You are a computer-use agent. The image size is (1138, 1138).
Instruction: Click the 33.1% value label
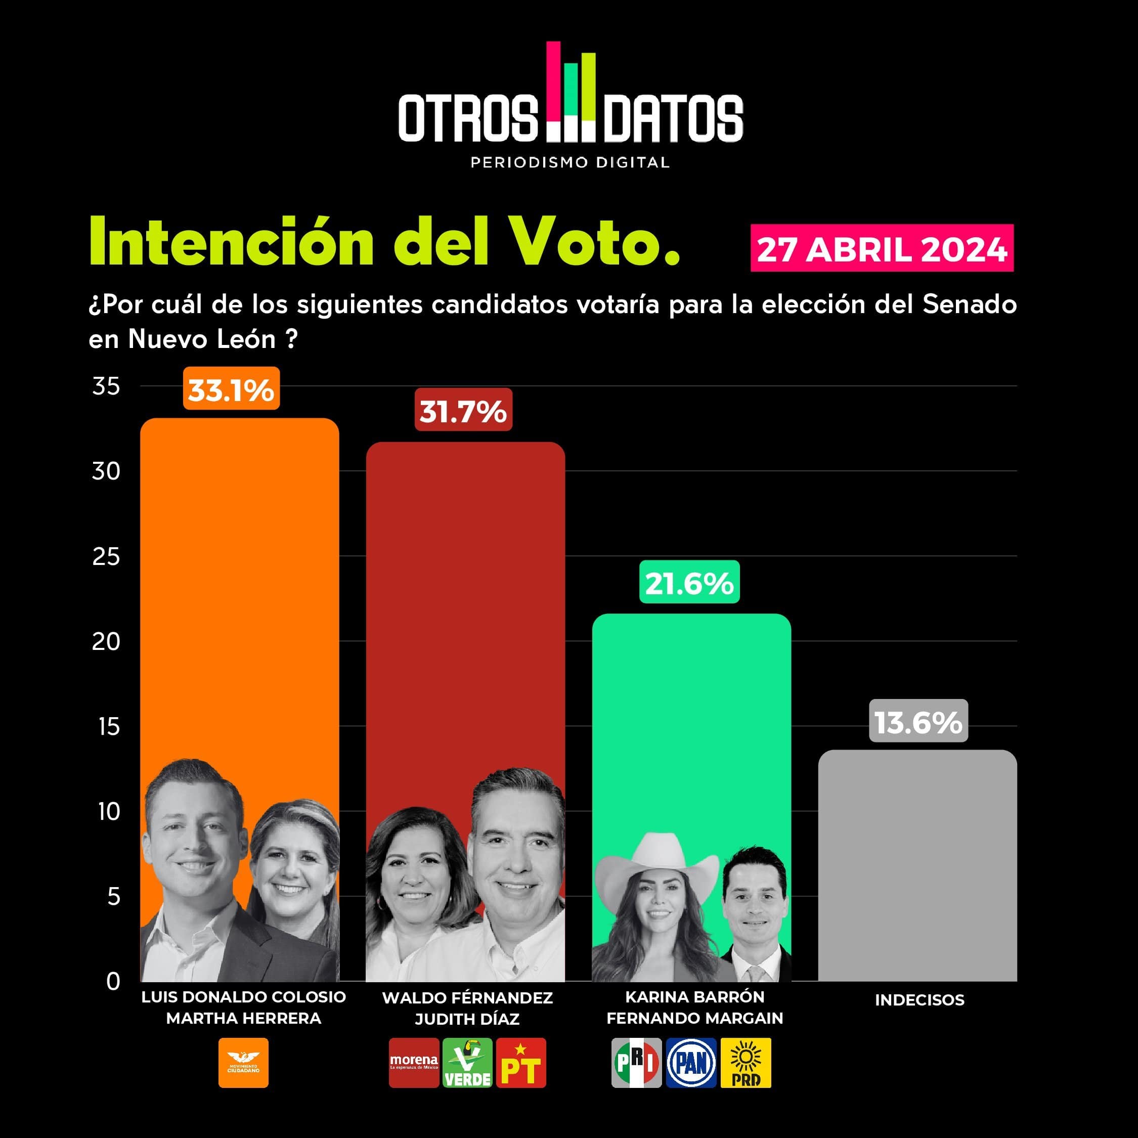pos(231,389)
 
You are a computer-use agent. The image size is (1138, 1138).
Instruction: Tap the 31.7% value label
pos(463,410)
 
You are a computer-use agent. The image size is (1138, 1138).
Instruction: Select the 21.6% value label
pos(689,582)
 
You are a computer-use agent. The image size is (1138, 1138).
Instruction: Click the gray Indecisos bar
pos(917,866)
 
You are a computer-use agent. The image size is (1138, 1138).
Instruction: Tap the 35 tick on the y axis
pos(106,386)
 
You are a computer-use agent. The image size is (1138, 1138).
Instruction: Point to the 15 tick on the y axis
pos(108,727)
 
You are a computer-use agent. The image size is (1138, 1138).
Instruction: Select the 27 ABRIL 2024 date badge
pos(882,248)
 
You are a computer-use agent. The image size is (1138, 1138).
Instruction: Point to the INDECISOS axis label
pos(920,1000)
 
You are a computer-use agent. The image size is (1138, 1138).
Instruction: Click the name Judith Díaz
pos(467,1019)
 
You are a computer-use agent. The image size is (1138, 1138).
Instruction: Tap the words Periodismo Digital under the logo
pos(570,162)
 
